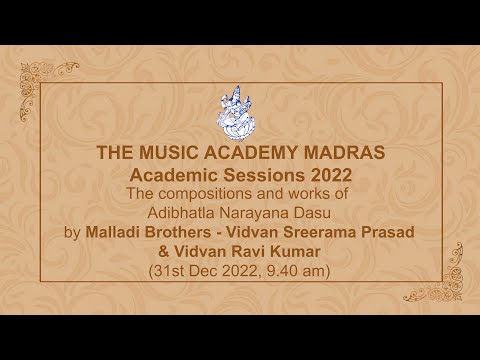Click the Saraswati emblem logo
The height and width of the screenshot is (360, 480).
[x=240, y=116]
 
